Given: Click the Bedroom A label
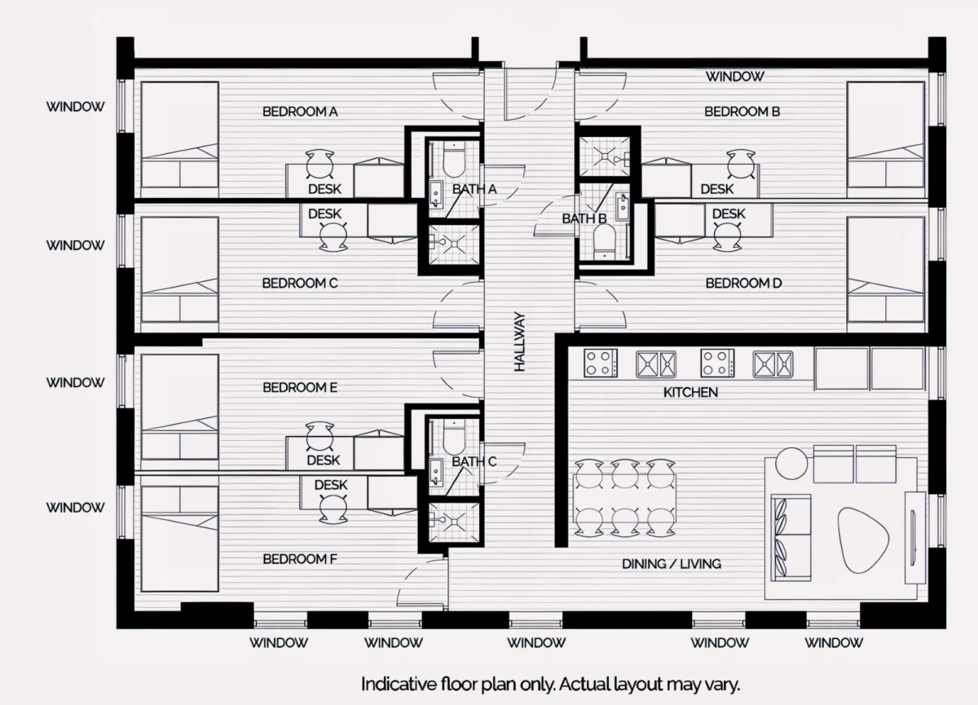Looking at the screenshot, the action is (x=300, y=112).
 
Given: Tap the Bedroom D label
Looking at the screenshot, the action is (x=743, y=284).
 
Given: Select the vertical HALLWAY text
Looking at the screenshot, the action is (x=519, y=341).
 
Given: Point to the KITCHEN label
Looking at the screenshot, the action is (x=690, y=393).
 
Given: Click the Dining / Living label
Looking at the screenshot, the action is (x=672, y=564).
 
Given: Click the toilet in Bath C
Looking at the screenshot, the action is (x=454, y=438).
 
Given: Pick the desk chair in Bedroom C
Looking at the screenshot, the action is (x=333, y=236).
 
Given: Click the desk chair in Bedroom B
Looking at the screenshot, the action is (x=741, y=164).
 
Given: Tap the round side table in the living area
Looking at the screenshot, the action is (x=791, y=463).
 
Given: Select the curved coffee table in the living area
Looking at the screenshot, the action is (x=863, y=540).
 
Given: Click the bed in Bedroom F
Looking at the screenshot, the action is (x=179, y=539).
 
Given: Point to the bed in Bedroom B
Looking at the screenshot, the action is (x=885, y=139).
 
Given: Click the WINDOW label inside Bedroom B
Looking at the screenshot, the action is (x=735, y=77).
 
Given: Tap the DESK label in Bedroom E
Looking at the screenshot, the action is (x=323, y=460).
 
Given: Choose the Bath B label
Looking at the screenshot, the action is (x=584, y=218).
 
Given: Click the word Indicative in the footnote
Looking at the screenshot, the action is (x=399, y=684).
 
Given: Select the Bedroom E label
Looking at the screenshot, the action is (x=300, y=388).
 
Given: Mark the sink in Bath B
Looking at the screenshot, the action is (x=622, y=207).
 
